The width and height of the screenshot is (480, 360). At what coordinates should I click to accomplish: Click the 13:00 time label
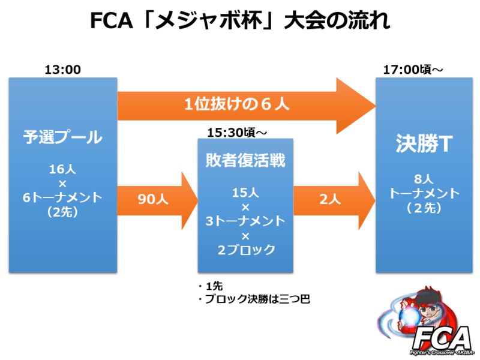pos(62,70)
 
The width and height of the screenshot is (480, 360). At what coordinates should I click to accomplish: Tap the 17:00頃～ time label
pos(413,70)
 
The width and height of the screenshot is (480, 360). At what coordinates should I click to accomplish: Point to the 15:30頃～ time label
pos(244,131)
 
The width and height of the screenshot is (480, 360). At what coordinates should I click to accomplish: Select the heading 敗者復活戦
pos(245,160)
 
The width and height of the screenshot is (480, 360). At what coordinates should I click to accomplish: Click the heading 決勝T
pos(424,145)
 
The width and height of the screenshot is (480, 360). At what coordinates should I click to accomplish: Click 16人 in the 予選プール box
pos(62,170)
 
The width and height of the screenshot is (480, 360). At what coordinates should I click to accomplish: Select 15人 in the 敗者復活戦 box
pos(245,194)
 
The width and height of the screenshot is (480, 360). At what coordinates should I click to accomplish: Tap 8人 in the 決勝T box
pos(424,179)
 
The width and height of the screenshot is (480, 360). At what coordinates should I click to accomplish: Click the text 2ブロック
pos(245,249)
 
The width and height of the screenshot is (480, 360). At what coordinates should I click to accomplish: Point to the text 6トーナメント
pos(62,197)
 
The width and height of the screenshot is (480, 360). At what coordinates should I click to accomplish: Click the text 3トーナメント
pos(245,221)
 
